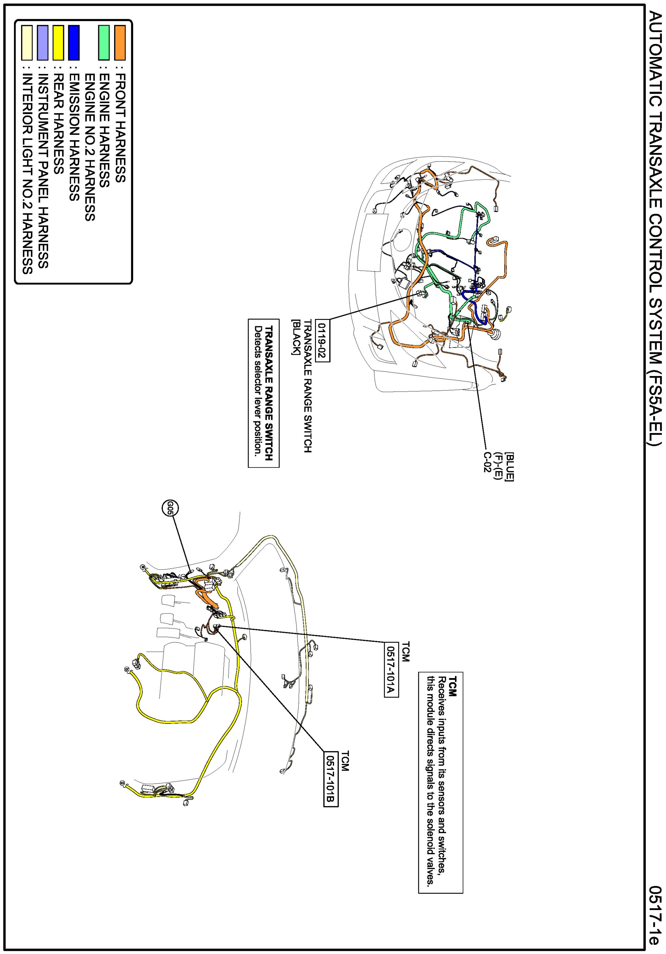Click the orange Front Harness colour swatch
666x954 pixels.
coord(120,42)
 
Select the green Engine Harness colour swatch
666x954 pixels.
coord(104,42)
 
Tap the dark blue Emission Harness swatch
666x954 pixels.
coord(74,42)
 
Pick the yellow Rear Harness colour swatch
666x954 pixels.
coord(58,42)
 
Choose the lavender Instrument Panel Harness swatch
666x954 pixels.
coord(42,42)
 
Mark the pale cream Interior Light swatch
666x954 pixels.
coord(27,42)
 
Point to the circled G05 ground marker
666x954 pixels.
coord(170,507)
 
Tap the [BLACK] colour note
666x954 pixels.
coord(295,337)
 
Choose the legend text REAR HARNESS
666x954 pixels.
coord(58,124)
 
